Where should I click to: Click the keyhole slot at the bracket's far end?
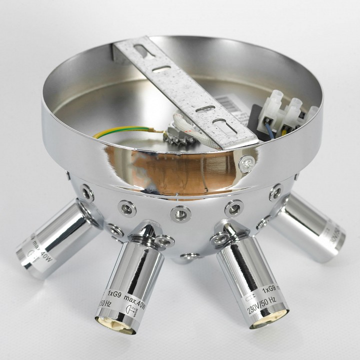pos(141,50)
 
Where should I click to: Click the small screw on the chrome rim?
pos(244,162)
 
